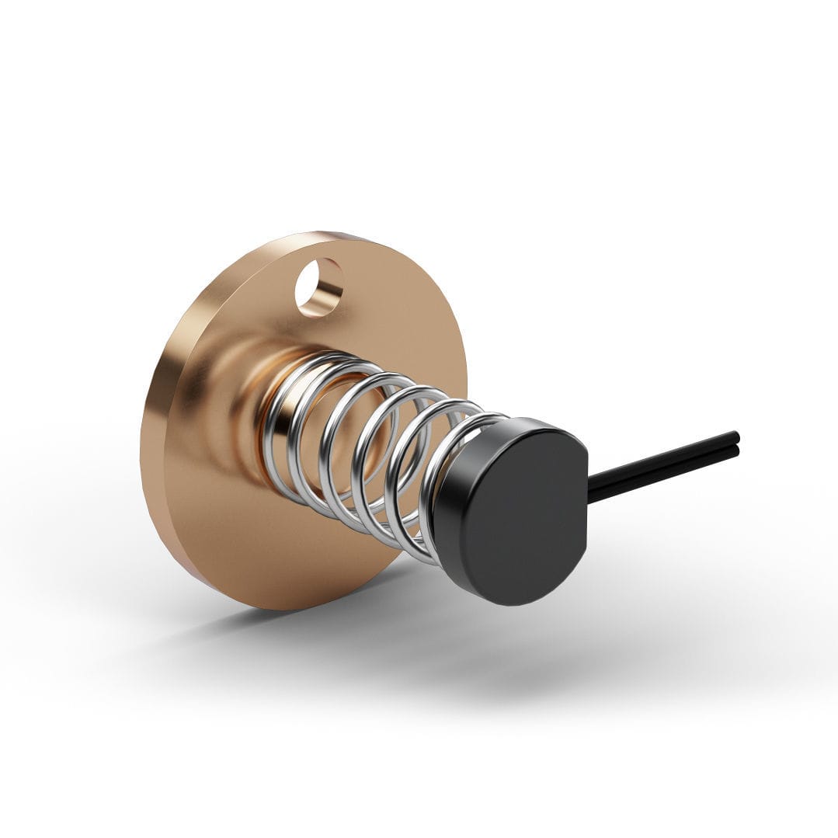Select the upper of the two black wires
click(668, 458)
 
